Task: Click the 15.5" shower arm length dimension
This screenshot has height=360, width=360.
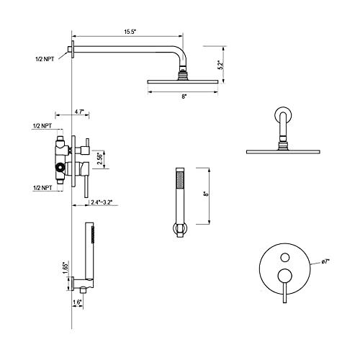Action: [130, 32]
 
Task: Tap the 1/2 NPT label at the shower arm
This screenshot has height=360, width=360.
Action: [44, 58]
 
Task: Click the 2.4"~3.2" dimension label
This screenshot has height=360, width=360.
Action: [96, 204]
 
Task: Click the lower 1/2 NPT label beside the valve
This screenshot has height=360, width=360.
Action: [42, 187]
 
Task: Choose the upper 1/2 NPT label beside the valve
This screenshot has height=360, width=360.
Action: [42, 126]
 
